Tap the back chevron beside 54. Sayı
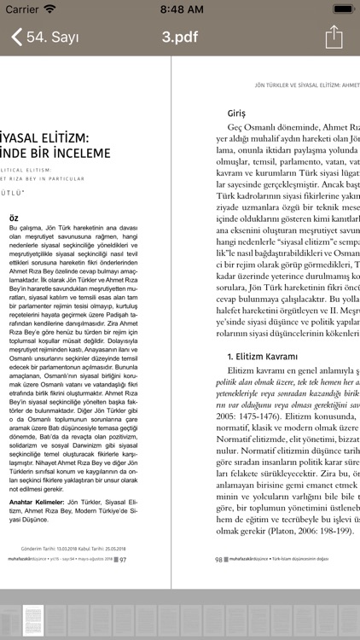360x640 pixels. point(16,38)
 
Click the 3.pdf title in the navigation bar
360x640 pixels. point(180,38)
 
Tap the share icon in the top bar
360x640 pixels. point(334,37)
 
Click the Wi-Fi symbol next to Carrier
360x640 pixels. point(49,9)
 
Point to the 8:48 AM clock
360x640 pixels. point(181,9)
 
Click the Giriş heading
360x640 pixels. point(236,113)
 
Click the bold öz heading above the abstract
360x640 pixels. point(13,218)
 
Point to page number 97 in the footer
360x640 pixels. point(122,560)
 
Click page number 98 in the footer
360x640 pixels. point(218,560)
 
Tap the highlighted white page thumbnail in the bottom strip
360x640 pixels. point(32,618)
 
